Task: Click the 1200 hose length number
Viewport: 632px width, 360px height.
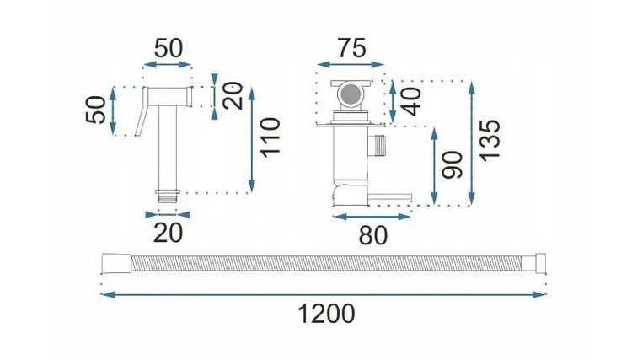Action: tap(326, 314)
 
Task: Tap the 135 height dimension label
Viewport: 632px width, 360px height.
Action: tap(490, 139)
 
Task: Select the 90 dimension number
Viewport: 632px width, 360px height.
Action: tap(452, 165)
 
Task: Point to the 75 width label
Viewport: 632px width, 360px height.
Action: tap(352, 48)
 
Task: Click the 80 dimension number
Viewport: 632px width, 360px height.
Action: tap(373, 235)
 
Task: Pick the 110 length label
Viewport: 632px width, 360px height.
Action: tap(270, 137)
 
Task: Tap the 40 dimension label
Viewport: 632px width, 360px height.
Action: tap(411, 101)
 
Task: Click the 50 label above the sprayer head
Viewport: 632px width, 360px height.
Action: tap(169, 48)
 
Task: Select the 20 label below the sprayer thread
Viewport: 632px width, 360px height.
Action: tap(168, 233)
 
